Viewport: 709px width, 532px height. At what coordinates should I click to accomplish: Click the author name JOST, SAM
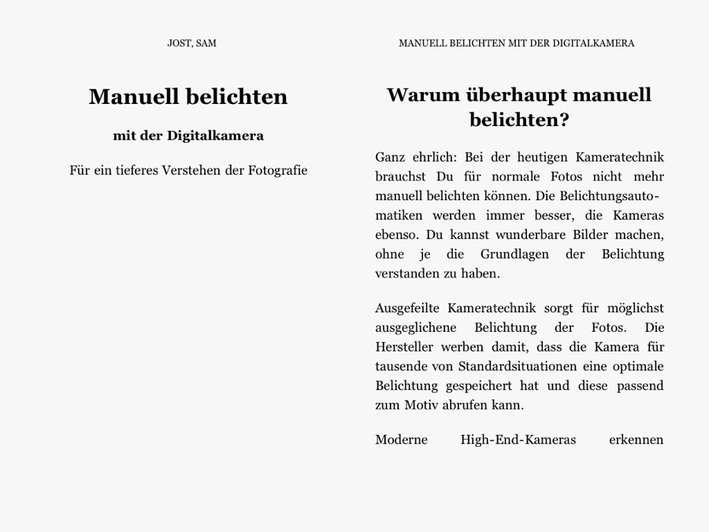tap(191, 43)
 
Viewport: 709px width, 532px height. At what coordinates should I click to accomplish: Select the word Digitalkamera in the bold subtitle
tap(215, 136)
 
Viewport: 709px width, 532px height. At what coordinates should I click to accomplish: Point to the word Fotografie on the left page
tap(277, 170)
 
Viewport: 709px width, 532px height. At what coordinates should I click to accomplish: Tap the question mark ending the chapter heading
tap(564, 121)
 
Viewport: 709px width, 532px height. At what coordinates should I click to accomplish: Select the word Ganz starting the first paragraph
tap(390, 157)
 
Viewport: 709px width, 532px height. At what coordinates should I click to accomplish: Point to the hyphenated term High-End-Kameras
tap(518, 440)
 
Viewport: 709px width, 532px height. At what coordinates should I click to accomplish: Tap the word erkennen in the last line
tap(636, 440)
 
